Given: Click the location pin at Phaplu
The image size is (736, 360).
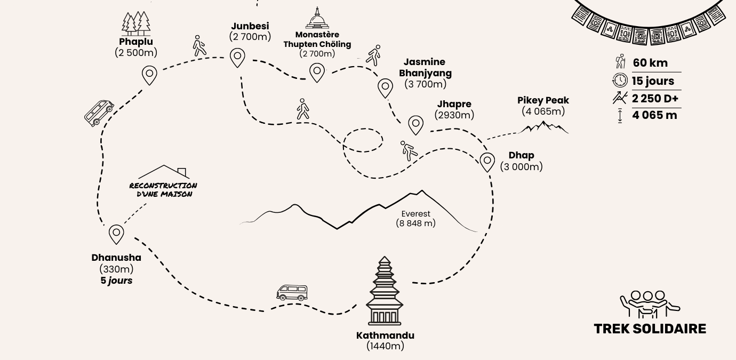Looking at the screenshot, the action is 150,75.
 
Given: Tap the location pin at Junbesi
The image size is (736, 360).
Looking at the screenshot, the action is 237,57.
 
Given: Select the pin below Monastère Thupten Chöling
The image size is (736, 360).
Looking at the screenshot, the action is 317,71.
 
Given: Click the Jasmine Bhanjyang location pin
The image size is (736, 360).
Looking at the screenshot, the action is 385,87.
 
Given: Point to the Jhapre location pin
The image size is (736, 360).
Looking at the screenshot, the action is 415,125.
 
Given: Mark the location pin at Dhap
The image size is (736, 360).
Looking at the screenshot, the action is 487,161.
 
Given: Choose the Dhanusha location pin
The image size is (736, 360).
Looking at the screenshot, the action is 116,234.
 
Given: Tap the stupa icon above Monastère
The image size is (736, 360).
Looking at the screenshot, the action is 317,19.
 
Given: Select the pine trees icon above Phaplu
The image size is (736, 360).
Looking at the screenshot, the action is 136,23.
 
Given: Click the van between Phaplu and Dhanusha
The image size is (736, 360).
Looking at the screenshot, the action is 99,113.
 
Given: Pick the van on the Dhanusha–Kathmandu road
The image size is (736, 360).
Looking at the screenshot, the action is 292,292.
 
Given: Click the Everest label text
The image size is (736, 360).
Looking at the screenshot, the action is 416,214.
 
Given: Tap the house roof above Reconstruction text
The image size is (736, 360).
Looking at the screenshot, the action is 164,172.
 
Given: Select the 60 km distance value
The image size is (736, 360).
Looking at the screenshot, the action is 650,63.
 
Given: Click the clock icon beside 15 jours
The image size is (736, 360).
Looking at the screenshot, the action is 620,81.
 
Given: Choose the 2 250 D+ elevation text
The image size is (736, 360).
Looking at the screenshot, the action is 655,98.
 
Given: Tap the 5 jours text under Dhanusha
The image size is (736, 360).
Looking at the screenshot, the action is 116,281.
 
